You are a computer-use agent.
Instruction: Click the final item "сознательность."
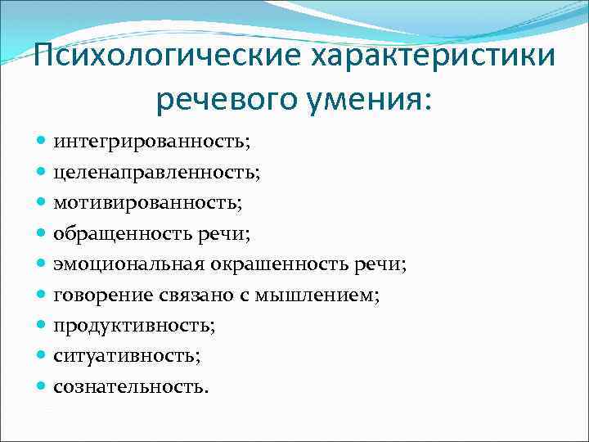click(131, 386)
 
